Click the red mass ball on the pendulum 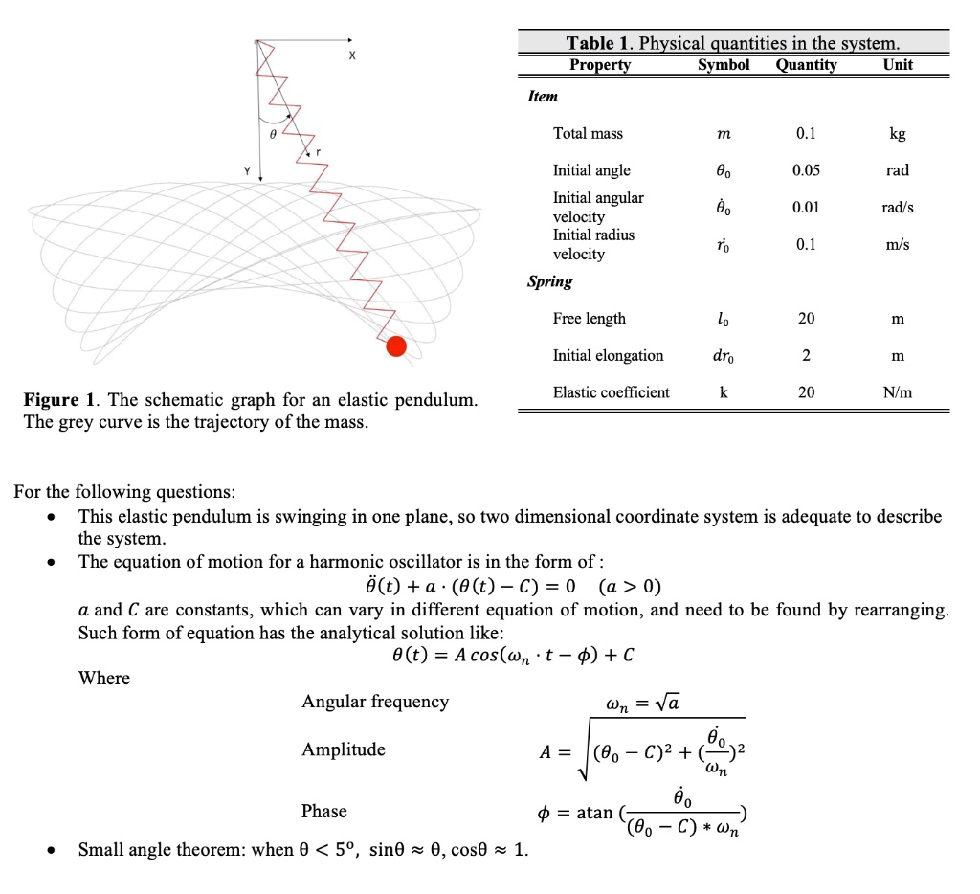click(x=396, y=346)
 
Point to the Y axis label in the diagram click(x=246, y=172)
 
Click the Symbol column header click(x=724, y=65)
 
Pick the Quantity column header click(x=806, y=65)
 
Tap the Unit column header click(x=898, y=65)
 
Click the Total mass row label click(x=588, y=133)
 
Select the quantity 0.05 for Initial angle click(x=806, y=170)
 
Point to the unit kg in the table click(x=898, y=133)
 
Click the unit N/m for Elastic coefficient click(x=898, y=392)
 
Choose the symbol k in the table click(x=724, y=392)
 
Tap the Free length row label click(x=589, y=319)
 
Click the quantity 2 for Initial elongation click(x=806, y=356)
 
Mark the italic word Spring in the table click(x=549, y=281)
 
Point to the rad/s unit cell click(x=898, y=208)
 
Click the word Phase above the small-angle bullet click(x=323, y=811)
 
